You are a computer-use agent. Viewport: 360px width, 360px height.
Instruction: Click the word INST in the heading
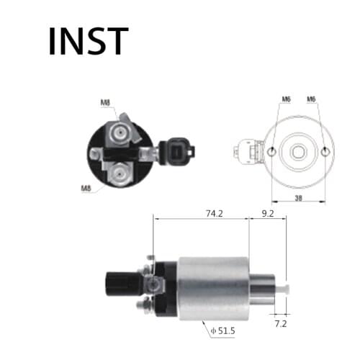pos(88,41)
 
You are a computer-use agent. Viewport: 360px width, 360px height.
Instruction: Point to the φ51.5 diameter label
pos(225,331)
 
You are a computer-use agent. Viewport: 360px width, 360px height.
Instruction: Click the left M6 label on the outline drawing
pos(286,99)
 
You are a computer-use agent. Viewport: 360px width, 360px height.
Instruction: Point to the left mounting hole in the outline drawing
pos(271,151)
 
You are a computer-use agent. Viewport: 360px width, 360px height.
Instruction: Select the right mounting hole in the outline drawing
pos(325,151)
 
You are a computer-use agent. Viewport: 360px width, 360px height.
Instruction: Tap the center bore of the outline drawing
pos(298,151)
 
